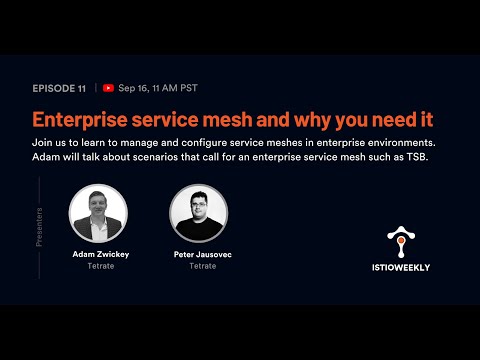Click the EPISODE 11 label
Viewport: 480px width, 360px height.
[x=60, y=88]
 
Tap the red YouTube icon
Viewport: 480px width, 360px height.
[x=108, y=88]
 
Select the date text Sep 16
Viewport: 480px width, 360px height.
[x=134, y=88]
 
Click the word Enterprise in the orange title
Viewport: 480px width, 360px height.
[x=82, y=119]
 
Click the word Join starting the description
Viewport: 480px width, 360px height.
[x=43, y=144]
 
